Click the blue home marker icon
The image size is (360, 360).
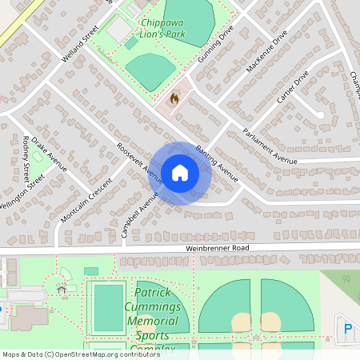(x=180, y=173)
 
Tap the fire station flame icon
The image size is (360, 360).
(x=174, y=98)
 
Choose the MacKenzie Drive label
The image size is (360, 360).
(x=266, y=52)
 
